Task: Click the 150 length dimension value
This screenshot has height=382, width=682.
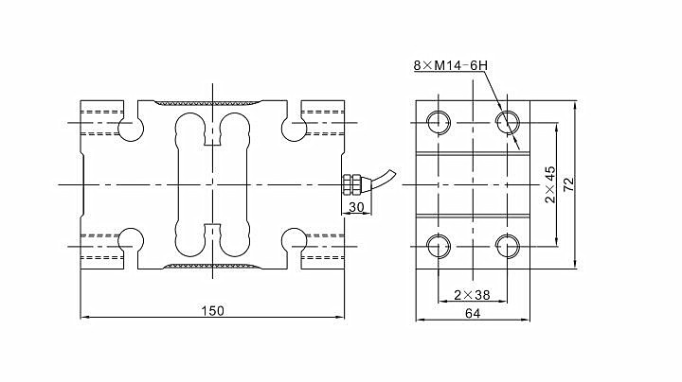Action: click(213, 311)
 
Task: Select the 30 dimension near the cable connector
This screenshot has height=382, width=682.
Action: click(356, 207)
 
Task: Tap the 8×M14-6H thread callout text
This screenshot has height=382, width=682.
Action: click(450, 65)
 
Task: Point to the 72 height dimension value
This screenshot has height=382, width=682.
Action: click(568, 184)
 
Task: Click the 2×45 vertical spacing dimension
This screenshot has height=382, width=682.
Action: click(550, 184)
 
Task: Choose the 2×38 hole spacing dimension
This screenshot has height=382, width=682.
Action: click(472, 295)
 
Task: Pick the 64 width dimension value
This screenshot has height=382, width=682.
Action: click(473, 313)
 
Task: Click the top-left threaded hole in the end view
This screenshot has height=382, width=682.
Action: click(439, 122)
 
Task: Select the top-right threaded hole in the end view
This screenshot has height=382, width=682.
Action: click(508, 122)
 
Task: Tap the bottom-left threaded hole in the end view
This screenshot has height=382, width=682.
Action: click(439, 246)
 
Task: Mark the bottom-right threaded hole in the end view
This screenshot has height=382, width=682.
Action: click(508, 246)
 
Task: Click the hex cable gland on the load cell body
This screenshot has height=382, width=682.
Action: click(351, 184)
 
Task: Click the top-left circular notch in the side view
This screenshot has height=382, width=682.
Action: click(131, 127)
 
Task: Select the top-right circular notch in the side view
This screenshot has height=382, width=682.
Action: click(294, 127)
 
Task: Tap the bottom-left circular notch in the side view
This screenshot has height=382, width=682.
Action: click(131, 242)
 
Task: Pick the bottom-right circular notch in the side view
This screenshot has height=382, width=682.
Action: click(294, 242)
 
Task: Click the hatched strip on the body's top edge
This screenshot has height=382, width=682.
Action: click(208, 103)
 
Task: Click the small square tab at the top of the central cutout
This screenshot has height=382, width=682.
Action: click(212, 138)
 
